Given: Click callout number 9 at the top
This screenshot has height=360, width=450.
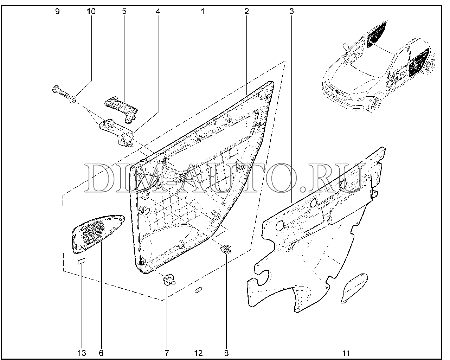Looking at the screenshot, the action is tap(57, 11).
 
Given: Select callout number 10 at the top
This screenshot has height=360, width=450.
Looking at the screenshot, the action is tap(91, 11).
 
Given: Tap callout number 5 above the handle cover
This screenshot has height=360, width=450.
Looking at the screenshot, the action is tap(124, 11).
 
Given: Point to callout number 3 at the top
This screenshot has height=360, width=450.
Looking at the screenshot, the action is tap(292, 11).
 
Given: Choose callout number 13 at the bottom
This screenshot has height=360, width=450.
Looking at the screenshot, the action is tap(82, 353).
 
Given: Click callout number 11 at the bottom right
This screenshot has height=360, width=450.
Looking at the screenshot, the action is tap(346, 353).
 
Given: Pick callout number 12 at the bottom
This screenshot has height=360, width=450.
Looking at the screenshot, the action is tap(198, 353).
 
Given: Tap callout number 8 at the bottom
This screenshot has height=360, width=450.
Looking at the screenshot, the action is tap(226, 353).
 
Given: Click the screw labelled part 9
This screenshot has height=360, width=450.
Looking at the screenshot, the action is tap(60, 93).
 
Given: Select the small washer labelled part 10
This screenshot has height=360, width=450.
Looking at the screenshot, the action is tap(73, 99).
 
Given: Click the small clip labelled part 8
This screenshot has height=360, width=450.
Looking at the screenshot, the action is tap(225, 250).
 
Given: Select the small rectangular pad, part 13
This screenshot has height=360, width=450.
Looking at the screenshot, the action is tap(82, 261).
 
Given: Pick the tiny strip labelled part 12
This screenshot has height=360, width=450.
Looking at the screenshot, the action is tap(198, 290).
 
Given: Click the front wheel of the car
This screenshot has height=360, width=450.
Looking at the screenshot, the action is tap(376, 104).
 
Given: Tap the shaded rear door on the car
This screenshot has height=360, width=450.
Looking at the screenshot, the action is tap(419, 62).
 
